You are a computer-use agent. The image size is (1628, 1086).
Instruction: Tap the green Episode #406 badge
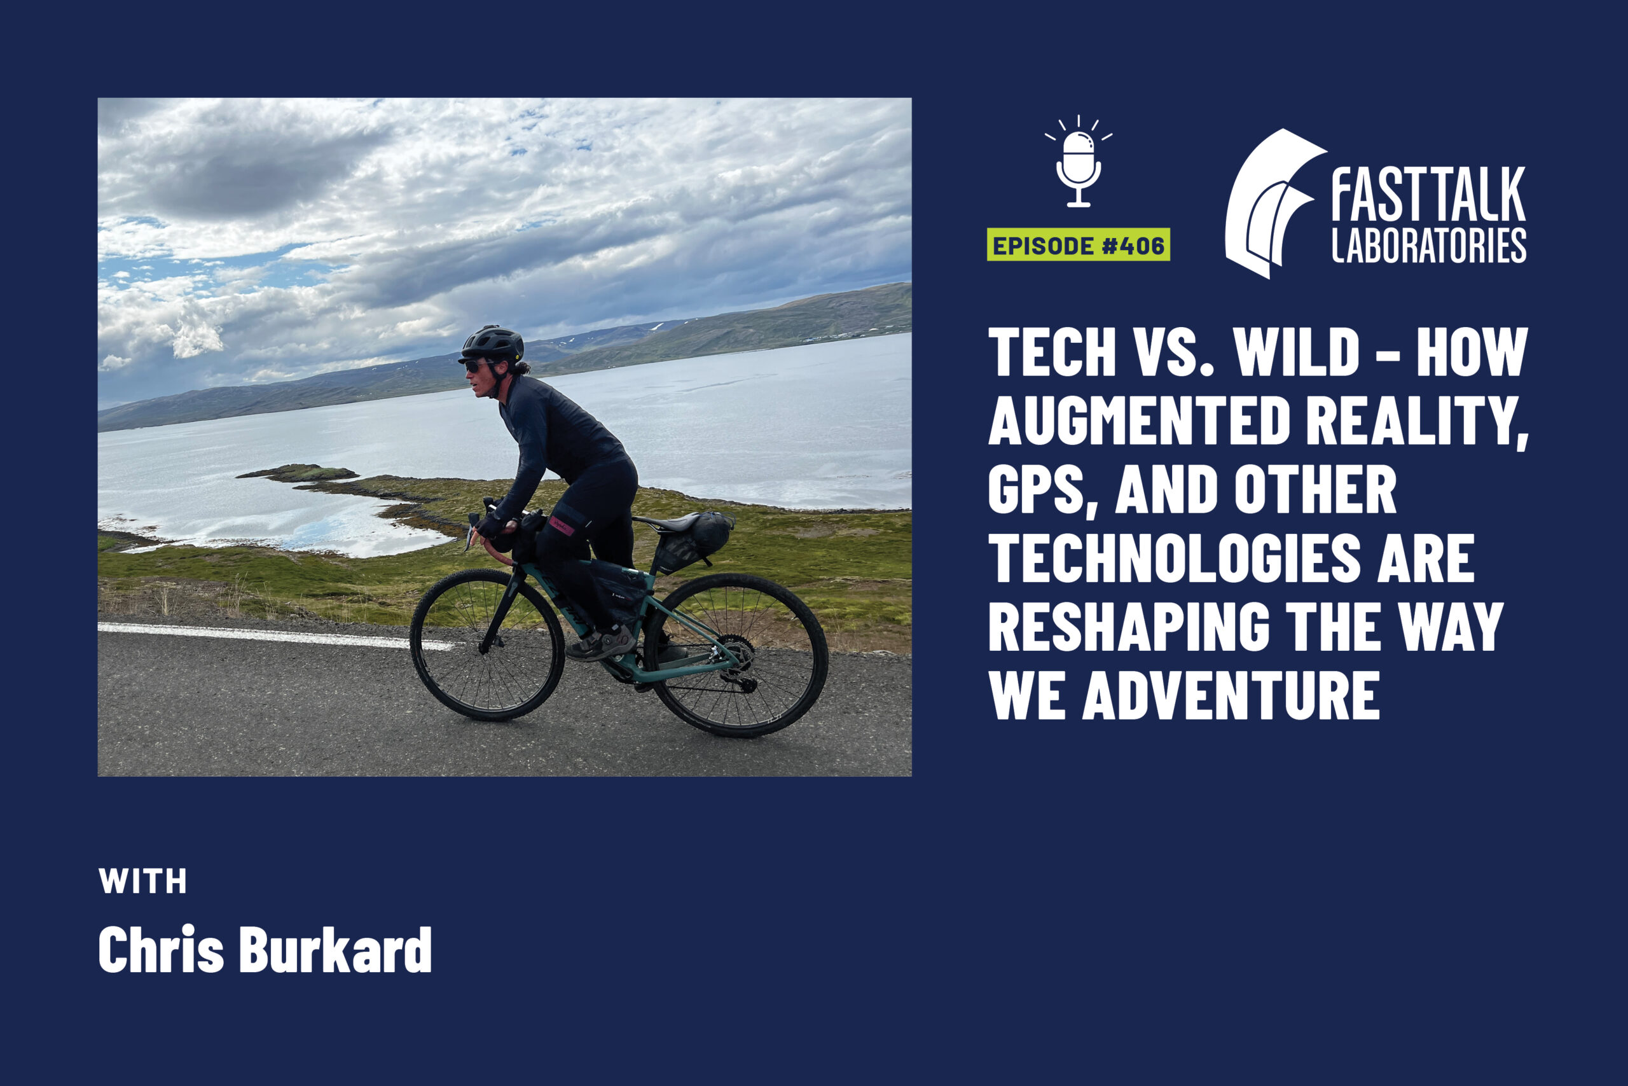point(1079,244)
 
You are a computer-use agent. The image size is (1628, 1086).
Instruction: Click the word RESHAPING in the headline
point(1129,627)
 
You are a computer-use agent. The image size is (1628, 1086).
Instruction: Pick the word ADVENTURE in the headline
point(1231,695)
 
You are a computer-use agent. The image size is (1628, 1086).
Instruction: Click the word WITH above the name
point(142,881)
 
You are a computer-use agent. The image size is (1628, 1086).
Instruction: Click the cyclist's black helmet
point(492,344)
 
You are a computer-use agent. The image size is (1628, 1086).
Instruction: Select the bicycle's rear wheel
point(736,655)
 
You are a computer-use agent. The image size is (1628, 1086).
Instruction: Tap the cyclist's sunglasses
point(476,366)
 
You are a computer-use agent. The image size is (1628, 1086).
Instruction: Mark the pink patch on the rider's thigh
point(562,526)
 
